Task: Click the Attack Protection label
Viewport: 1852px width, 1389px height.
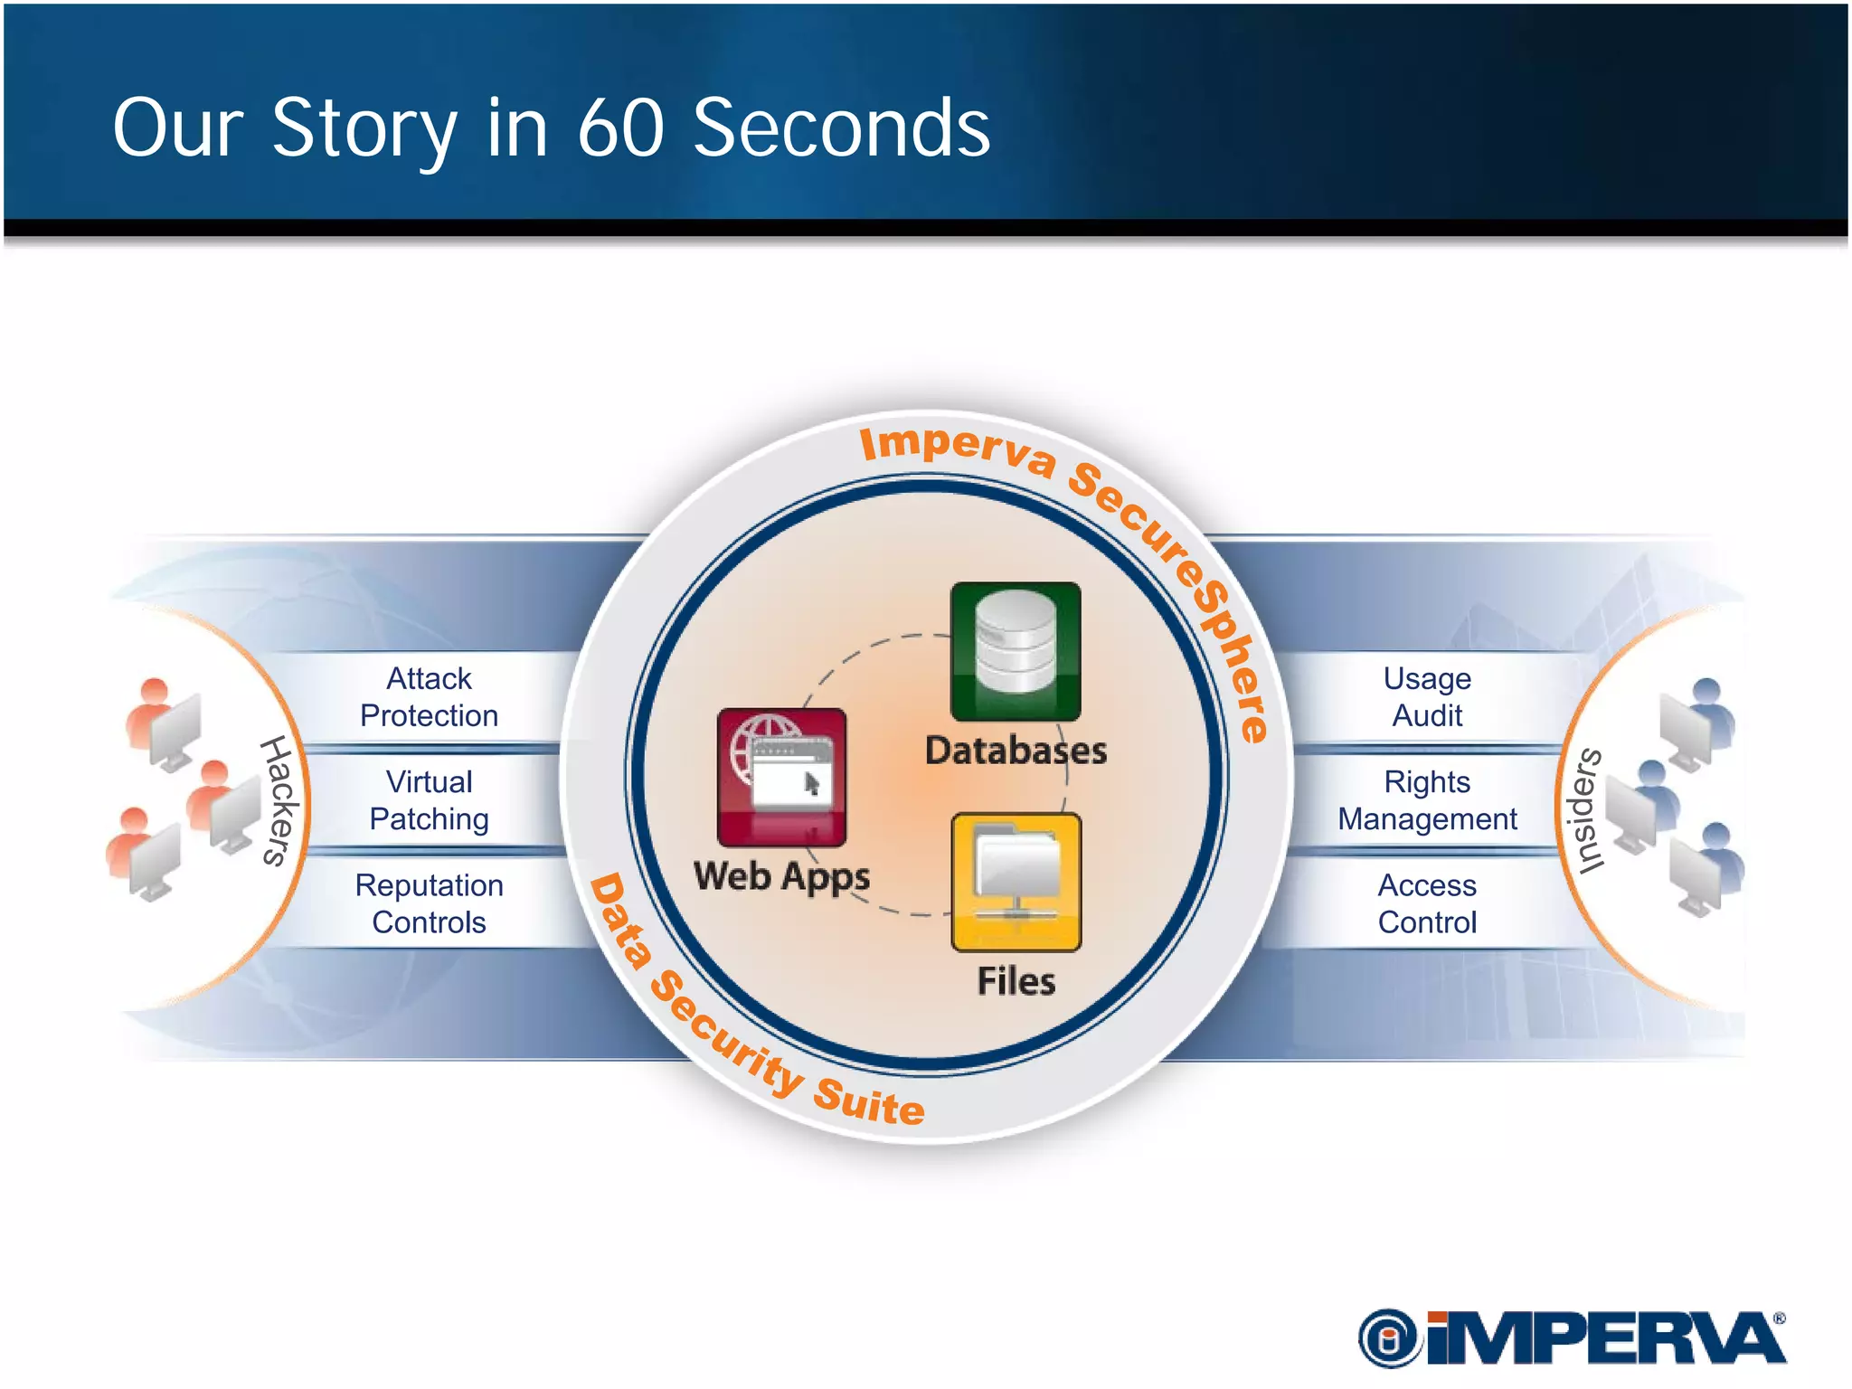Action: pyautogui.click(x=429, y=697)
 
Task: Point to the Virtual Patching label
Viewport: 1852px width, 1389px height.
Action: pyautogui.click(x=429, y=800)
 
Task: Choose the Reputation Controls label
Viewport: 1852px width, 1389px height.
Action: pyautogui.click(x=429, y=903)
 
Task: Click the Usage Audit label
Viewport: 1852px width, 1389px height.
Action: pyautogui.click(x=1427, y=697)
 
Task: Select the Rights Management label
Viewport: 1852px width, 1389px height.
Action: pyautogui.click(x=1427, y=800)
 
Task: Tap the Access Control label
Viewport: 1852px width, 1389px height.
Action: pyautogui.click(x=1427, y=903)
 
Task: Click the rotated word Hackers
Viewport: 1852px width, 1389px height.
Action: pyautogui.click(x=279, y=800)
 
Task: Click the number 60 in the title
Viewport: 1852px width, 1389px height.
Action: pyautogui.click(x=620, y=128)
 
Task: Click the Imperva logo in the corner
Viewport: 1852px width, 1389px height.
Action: pyautogui.click(x=1572, y=1337)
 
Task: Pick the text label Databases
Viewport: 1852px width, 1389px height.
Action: pyautogui.click(x=1016, y=751)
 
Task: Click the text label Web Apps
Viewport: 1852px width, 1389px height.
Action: pyautogui.click(x=781, y=876)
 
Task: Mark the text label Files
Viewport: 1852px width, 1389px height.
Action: pyautogui.click(x=1016, y=981)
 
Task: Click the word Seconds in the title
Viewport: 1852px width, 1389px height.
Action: pyautogui.click(x=841, y=128)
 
